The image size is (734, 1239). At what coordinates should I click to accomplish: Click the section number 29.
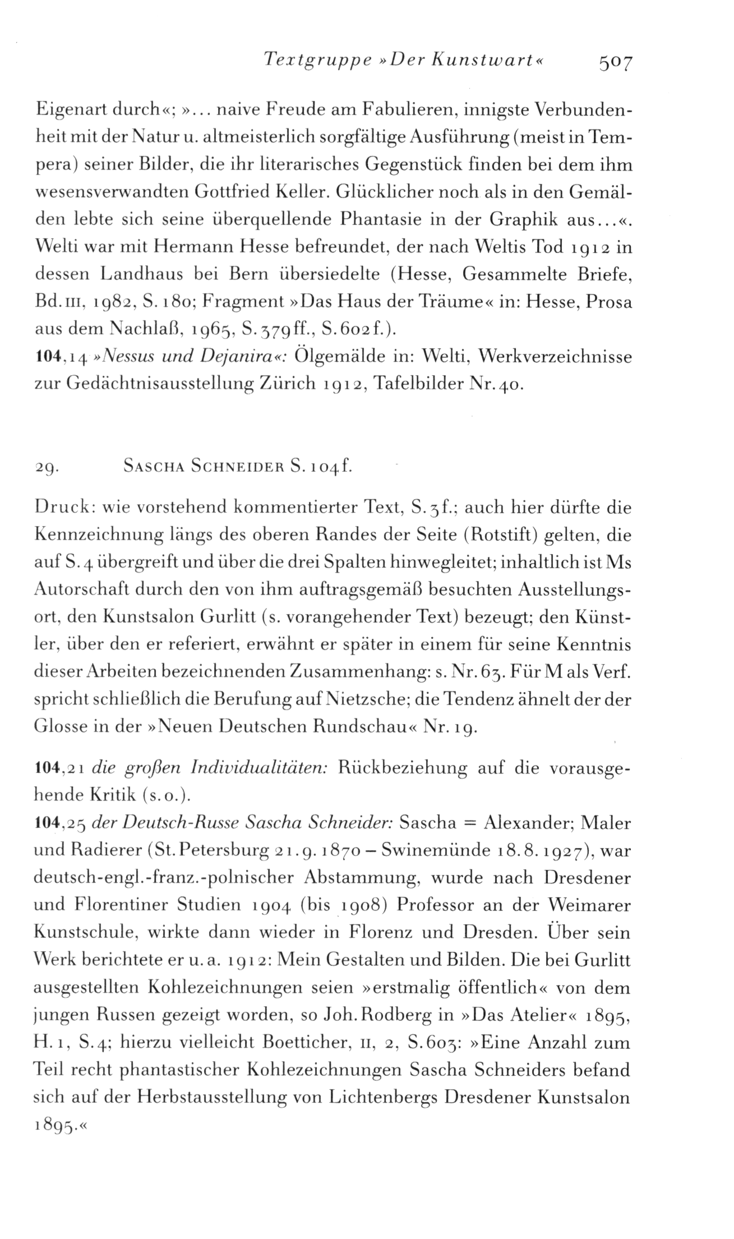tap(44, 467)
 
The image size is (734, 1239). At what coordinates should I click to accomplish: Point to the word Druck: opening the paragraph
tap(58, 508)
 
